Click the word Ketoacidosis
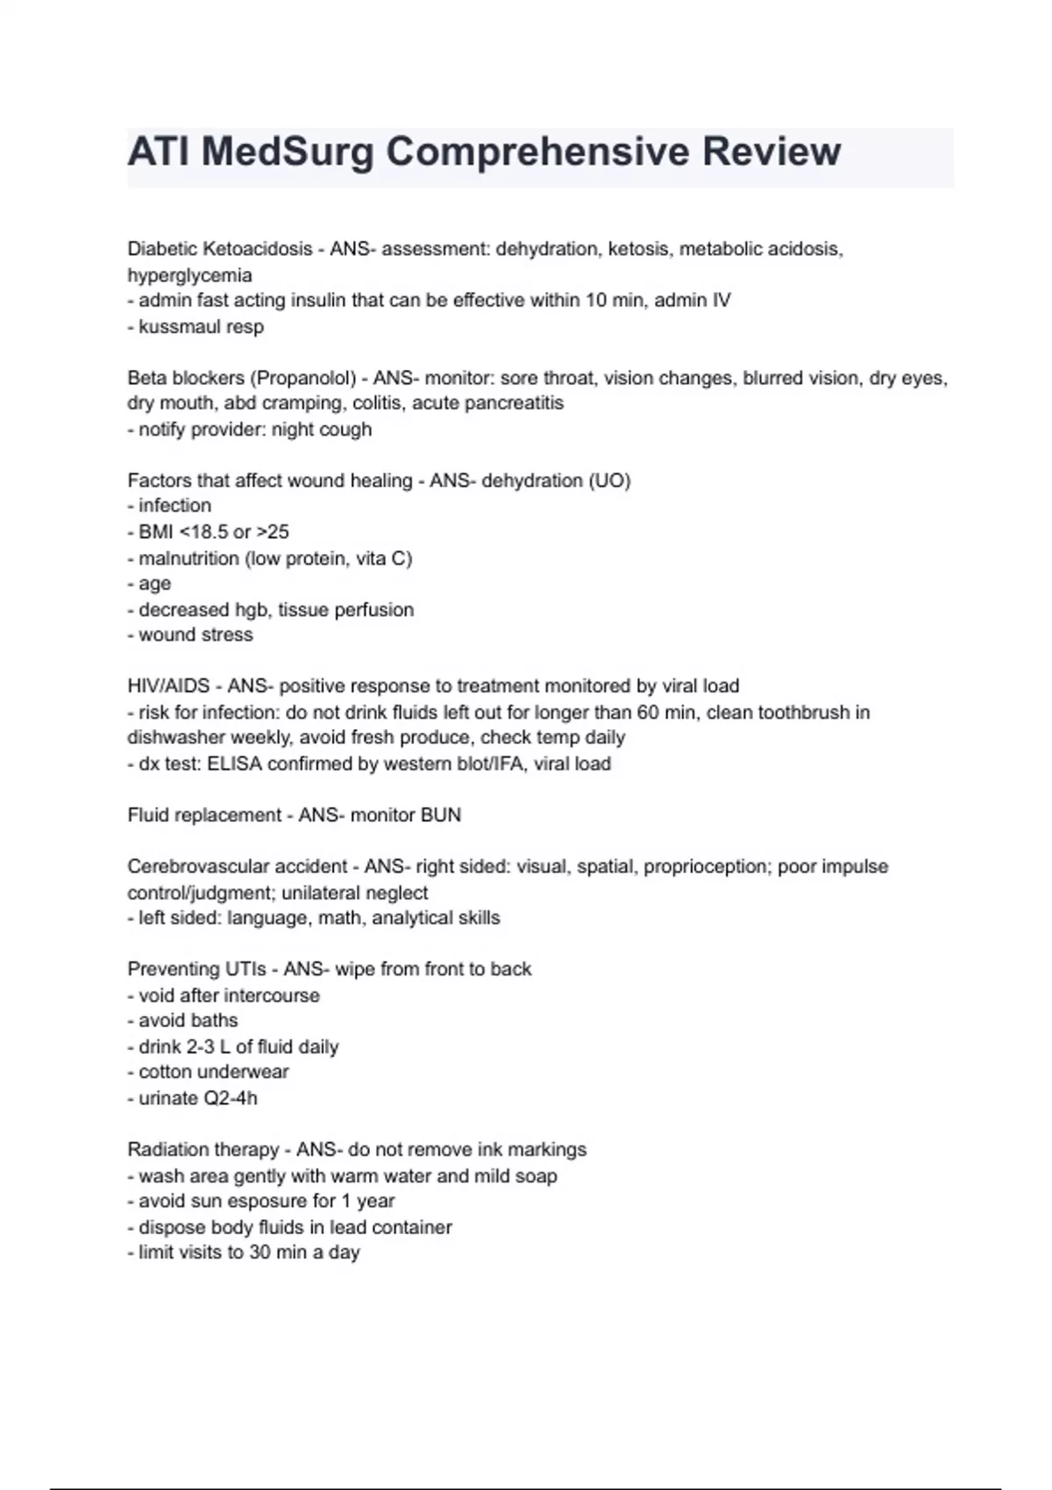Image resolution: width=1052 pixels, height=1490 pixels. tap(258, 249)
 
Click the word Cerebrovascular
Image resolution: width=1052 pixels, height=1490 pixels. tap(194, 867)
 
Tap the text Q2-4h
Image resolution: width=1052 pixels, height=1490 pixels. tap(231, 1098)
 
